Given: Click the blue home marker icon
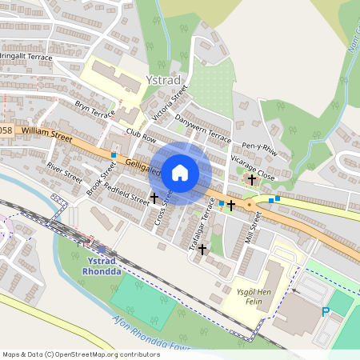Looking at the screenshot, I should pyautogui.click(x=180, y=172).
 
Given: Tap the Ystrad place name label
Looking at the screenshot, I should pyautogui.click(x=164, y=80).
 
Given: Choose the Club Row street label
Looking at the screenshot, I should pyautogui.click(x=141, y=137).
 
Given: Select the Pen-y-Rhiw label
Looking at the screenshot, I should pyautogui.click(x=261, y=150).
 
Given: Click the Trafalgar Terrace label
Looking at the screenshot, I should pyautogui.click(x=203, y=222).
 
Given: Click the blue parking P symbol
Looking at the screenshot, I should pyautogui.click(x=326, y=312).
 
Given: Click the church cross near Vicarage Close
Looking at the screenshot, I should pyautogui.click(x=252, y=180).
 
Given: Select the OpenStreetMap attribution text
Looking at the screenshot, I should pyautogui.click(x=80, y=354).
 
